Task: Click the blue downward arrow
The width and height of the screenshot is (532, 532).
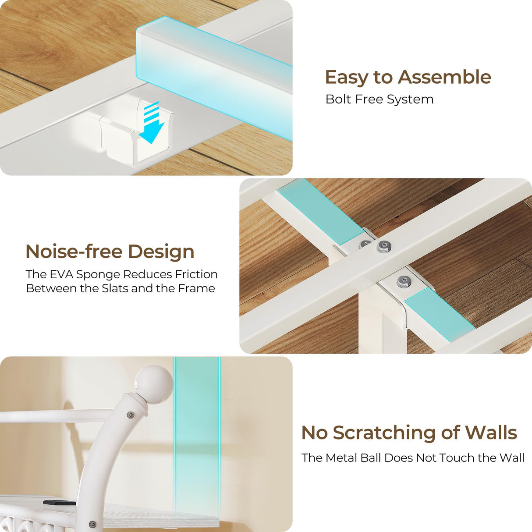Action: point(152,123)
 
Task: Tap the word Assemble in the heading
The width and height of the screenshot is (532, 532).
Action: point(444,77)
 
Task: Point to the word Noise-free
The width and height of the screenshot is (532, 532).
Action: point(74,252)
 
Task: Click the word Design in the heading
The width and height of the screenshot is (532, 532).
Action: point(161,252)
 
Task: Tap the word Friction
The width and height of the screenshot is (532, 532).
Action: point(196,274)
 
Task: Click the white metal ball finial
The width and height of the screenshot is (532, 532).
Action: point(154,385)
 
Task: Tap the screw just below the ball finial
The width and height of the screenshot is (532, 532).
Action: point(131,415)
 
